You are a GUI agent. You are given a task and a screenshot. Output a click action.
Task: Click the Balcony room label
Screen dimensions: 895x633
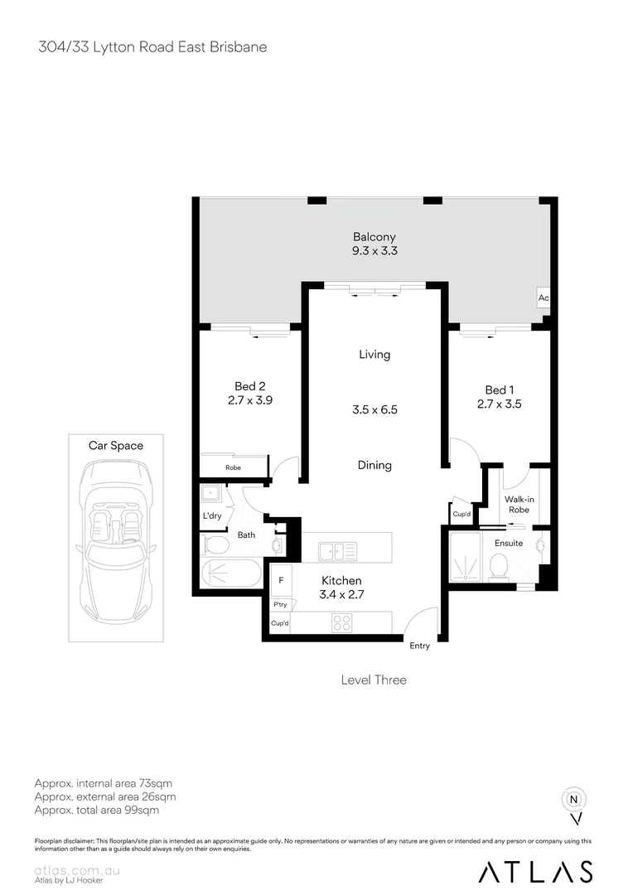coord(374,237)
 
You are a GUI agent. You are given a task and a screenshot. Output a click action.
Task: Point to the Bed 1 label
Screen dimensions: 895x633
coord(500,389)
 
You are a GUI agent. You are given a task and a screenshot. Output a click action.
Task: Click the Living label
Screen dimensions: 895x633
coord(374,355)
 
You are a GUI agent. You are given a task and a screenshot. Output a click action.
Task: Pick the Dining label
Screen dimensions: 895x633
coord(374,465)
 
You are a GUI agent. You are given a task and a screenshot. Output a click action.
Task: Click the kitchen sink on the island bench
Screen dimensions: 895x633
coord(337,550)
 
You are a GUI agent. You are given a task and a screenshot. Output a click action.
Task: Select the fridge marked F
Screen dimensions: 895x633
coord(282,581)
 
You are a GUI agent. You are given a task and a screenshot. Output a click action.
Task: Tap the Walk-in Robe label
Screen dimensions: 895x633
coord(518,505)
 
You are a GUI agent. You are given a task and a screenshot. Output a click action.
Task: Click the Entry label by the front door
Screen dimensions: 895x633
coord(420,646)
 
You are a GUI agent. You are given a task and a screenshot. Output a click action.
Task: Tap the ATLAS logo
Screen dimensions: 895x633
coord(536,872)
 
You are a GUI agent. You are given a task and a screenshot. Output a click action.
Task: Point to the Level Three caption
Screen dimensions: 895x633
coord(374,680)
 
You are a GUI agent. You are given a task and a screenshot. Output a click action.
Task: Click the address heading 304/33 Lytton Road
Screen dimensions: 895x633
coord(152,47)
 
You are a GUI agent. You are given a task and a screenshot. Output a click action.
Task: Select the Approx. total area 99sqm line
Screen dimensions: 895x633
coord(97,810)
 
